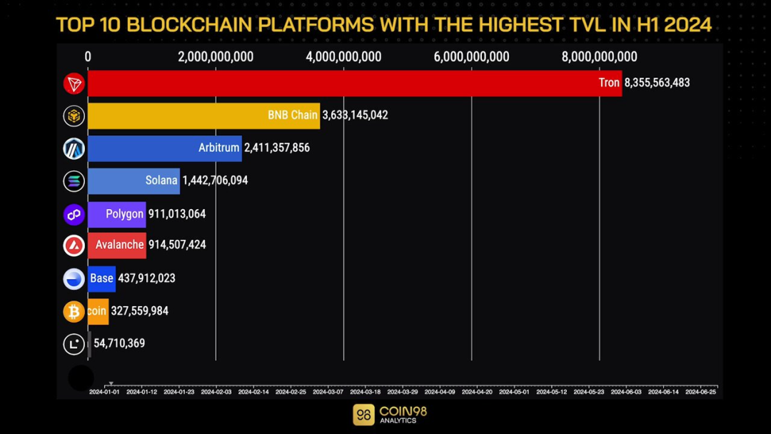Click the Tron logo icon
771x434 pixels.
pos(74,84)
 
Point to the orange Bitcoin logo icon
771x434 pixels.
pos(74,311)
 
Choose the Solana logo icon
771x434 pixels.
pos(74,181)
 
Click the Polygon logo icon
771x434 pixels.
pos(74,214)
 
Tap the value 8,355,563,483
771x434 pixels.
pos(657,83)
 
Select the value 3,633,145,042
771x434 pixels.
pos(355,115)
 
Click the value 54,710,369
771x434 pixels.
pos(119,343)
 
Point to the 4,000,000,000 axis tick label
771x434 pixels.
pos(343,57)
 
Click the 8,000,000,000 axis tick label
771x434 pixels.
pos(599,57)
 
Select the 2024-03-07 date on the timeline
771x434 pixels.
pos(328,391)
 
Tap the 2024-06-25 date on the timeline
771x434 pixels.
pos(700,391)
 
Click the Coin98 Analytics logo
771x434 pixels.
pos(390,415)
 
